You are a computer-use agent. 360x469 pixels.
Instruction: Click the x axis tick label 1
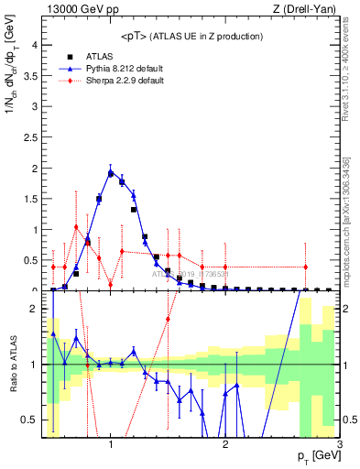[x=111, y=445]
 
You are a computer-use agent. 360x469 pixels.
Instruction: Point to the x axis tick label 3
[x=339, y=445]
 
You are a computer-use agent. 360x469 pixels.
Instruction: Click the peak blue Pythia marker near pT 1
[x=111, y=172]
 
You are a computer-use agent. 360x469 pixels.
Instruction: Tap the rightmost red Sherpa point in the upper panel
[x=305, y=267]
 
